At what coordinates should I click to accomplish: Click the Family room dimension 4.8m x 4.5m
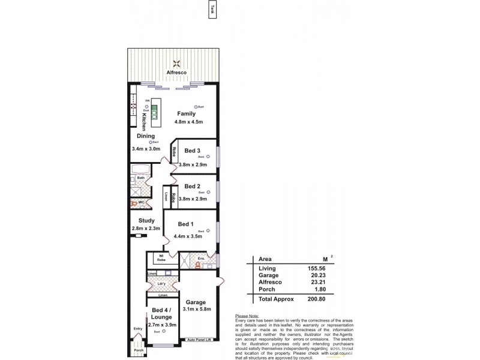point(189,122)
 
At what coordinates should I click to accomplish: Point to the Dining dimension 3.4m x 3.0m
point(146,148)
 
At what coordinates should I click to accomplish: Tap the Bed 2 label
point(192,186)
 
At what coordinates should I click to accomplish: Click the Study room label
point(146,220)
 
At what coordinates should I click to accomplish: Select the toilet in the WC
point(135,203)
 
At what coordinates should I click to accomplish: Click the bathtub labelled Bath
point(140,169)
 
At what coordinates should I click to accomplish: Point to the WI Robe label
point(161,259)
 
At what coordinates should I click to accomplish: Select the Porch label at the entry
point(138,350)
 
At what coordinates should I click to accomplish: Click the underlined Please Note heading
point(247,316)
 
